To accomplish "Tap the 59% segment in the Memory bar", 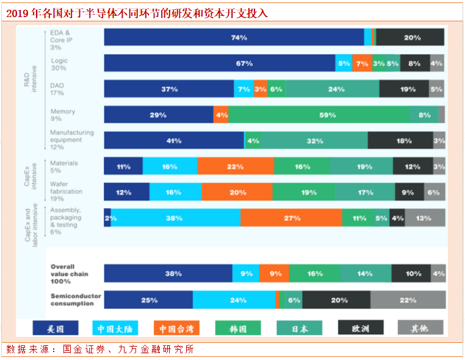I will tap(318, 115).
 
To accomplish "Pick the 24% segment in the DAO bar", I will tap(332, 89).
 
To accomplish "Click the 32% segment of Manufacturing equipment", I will tap(314, 140).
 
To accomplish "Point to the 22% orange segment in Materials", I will tap(236, 166).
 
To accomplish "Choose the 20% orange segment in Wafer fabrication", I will tap(237, 192).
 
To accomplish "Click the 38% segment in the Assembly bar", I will tap(175, 218).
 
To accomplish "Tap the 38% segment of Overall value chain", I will tap(168, 273).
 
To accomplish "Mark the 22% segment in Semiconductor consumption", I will tap(407, 300).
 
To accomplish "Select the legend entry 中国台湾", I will tap(176, 328).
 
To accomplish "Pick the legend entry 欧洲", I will tap(360, 328).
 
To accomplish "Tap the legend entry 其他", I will tap(420, 328).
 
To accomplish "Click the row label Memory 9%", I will tap(63, 115).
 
